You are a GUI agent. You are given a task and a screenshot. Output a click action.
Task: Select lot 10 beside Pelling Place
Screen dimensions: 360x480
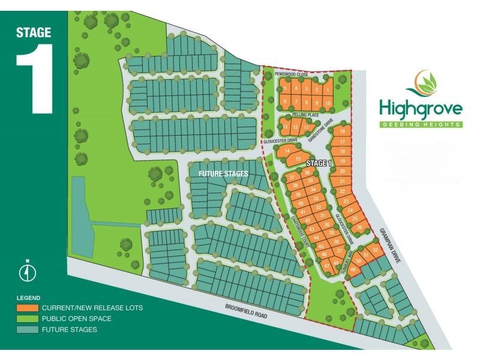(x=328, y=103)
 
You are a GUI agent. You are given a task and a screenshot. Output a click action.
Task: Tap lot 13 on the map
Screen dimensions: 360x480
(x=286, y=127)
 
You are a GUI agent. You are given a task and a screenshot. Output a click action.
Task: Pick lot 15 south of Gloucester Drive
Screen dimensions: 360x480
(x=298, y=159)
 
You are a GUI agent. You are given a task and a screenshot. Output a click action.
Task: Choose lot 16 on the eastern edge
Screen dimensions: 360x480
(x=342, y=131)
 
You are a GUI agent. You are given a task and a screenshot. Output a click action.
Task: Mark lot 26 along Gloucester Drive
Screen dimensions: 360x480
(x=359, y=228)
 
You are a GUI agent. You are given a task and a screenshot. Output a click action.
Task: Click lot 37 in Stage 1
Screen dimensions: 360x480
(x=292, y=178)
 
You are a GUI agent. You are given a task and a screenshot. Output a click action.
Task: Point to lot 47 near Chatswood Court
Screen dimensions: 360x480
(x=326, y=265)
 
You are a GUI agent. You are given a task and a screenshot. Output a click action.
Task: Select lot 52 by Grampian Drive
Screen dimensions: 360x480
(x=376, y=250)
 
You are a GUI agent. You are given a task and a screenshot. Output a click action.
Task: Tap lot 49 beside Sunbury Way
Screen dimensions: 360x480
(x=352, y=269)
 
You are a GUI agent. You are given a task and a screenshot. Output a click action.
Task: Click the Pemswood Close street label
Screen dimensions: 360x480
(x=291, y=74)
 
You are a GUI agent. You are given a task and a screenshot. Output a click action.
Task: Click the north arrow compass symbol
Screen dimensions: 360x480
(x=28, y=271)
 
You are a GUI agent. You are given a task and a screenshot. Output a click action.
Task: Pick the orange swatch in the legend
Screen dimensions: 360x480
(x=28, y=308)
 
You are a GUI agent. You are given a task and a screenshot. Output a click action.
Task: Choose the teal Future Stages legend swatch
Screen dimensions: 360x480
(x=28, y=329)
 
